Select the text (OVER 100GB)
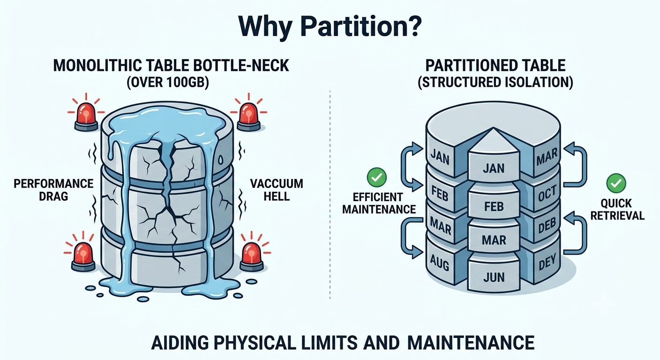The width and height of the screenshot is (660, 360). [x=168, y=82]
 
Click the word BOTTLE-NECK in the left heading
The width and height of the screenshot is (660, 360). [x=241, y=66]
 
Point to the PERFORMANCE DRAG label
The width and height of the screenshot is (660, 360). [x=53, y=190]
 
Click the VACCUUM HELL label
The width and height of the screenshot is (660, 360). [x=277, y=190]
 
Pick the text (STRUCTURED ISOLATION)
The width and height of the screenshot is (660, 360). [x=495, y=82]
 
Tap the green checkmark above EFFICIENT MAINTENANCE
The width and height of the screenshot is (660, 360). [x=376, y=177]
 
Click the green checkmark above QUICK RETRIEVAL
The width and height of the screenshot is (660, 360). [x=616, y=183]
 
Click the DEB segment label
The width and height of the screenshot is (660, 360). [x=547, y=226]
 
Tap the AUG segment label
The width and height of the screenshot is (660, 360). [x=439, y=262]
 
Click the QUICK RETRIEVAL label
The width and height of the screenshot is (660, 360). [x=617, y=210]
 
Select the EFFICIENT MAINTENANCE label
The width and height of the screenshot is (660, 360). [x=379, y=203]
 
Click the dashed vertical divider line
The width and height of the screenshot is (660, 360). [x=330, y=195]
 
